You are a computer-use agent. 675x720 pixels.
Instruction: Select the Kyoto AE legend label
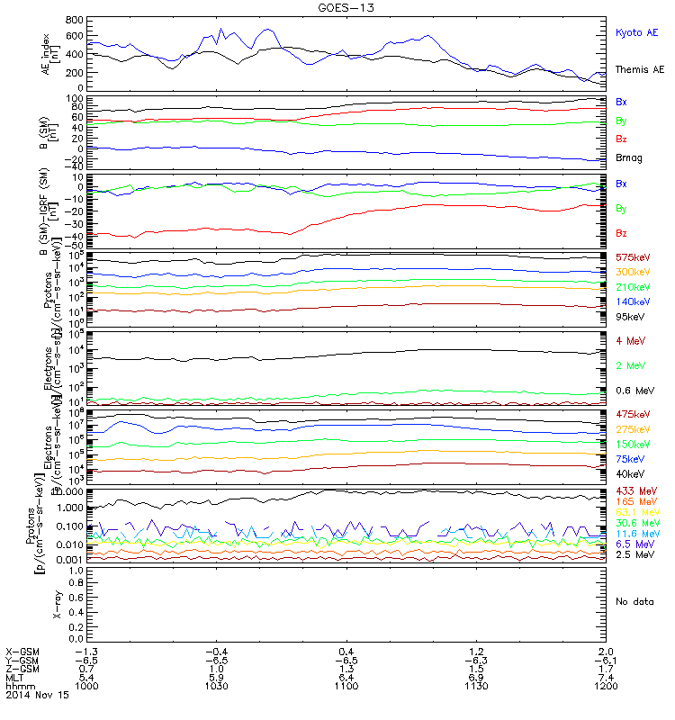pos(636,32)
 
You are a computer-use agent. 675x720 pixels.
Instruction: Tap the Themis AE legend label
pos(638,69)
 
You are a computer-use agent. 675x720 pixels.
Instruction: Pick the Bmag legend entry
pos(629,157)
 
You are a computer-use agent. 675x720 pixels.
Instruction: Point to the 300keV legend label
pos(634,272)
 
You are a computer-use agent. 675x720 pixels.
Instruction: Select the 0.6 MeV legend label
pos(633,391)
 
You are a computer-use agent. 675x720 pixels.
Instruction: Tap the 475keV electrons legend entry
pos(634,414)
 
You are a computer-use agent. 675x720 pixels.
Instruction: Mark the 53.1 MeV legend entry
pos(634,512)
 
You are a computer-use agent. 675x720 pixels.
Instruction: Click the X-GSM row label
pos(22,651)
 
